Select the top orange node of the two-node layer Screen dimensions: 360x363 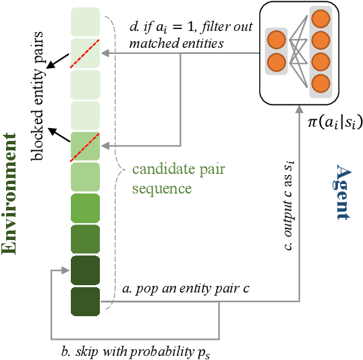(x=275, y=39)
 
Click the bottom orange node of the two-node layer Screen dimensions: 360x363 (x=275, y=62)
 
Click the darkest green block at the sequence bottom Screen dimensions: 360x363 (x=85, y=301)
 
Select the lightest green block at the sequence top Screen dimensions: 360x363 (x=85, y=20)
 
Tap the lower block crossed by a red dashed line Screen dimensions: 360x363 (x=85, y=144)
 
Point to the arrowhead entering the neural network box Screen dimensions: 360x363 (x=300, y=107)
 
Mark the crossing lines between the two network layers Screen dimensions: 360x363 (x=298, y=51)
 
